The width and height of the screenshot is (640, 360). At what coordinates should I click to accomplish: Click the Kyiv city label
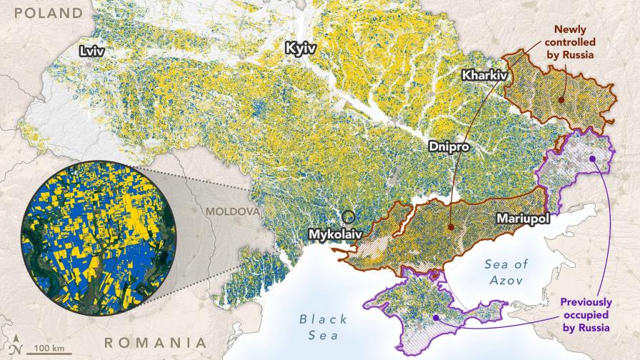pyautogui.click(x=299, y=49)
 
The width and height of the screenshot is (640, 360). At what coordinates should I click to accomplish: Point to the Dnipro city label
pyautogui.click(x=450, y=146)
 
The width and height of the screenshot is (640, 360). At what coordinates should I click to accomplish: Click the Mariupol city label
pyautogui.click(x=524, y=219)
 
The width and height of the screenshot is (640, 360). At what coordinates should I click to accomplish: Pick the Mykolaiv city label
pyautogui.click(x=336, y=234)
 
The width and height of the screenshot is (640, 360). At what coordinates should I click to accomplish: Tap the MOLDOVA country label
pyautogui.click(x=231, y=212)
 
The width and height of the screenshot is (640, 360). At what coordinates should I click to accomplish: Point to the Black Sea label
pyautogui.click(x=324, y=326)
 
